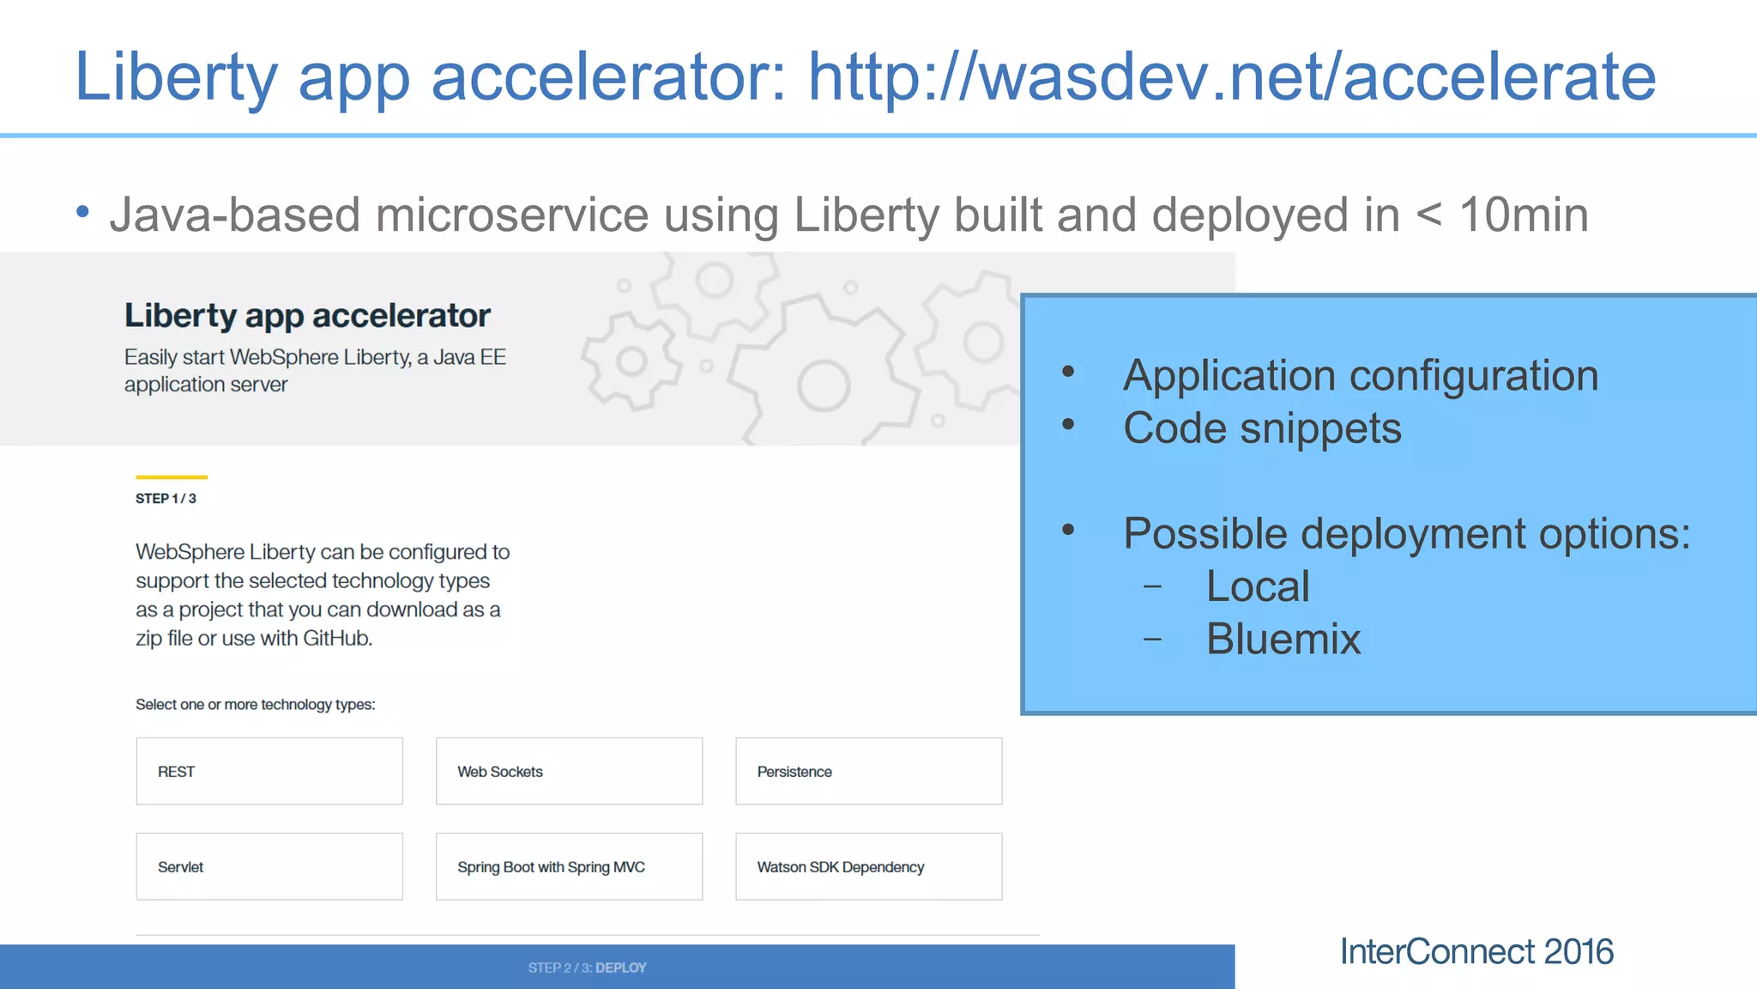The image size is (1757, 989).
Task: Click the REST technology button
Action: [269, 771]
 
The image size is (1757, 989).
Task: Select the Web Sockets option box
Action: [569, 771]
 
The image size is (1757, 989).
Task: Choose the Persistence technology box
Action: [868, 771]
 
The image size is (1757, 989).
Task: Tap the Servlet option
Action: [269, 866]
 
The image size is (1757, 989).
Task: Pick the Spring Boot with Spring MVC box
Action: [569, 866]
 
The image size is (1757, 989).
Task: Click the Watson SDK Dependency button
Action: [868, 866]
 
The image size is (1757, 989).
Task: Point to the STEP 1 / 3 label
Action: [166, 499]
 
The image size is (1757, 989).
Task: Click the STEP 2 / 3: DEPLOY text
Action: [587, 968]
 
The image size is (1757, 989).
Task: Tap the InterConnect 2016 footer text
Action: [1476, 951]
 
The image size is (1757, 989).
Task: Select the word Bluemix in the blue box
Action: [1283, 639]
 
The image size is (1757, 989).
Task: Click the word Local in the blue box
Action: [1257, 586]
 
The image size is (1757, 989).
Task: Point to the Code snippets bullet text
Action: [1261, 428]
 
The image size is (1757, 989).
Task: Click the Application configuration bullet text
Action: [1360, 376]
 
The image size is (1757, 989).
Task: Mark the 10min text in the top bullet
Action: [1523, 215]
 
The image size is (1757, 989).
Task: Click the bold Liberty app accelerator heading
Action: [307, 316]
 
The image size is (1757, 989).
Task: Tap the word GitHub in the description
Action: [337, 639]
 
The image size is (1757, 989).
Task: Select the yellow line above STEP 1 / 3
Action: [172, 476]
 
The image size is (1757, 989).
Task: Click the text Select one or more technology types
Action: [255, 705]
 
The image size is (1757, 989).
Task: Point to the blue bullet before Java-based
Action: [82, 211]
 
